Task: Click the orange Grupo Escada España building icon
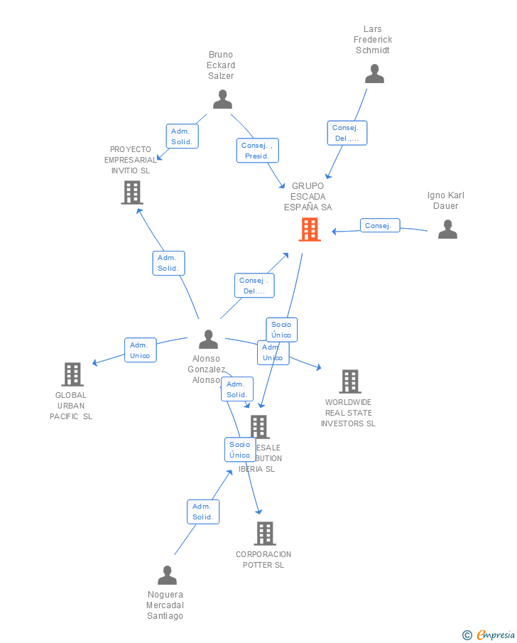click(310, 229)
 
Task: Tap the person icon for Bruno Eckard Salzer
click(222, 99)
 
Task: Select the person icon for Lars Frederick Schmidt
click(374, 74)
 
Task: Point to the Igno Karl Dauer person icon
click(447, 229)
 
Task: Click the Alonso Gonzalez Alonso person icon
click(208, 339)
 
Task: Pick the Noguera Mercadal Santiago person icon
click(167, 575)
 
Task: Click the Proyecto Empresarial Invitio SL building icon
click(132, 192)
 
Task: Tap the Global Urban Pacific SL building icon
click(72, 374)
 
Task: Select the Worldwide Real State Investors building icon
click(349, 382)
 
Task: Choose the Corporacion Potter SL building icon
click(264, 533)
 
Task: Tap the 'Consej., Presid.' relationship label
click(257, 151)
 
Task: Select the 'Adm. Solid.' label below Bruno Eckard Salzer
click(183, 136)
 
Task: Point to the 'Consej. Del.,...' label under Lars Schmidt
click(347, 133)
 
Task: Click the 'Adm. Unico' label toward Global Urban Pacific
click(140, 350)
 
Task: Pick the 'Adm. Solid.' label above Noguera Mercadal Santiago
click(203, 512)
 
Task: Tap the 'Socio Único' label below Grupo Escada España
click(281, 330)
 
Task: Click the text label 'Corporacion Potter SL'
click(263, 560)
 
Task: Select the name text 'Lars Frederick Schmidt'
click(373, 40)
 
